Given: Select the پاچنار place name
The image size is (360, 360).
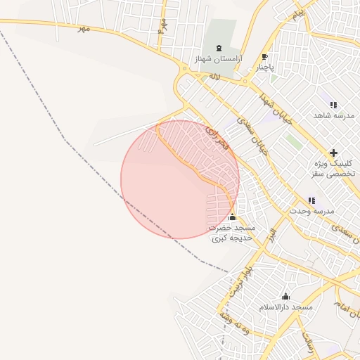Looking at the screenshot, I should pos(264,68).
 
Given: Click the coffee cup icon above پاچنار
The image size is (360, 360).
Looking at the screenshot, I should pos(264,57).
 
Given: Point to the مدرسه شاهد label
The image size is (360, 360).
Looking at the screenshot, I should pos(333,115).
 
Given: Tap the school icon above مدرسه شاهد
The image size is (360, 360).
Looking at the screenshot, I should pos(333,105).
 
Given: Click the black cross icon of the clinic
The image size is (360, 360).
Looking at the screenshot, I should pos(333,153).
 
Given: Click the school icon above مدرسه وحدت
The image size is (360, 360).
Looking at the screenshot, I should pos(311,200).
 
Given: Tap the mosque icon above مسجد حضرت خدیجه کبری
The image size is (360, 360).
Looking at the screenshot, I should pos(233,217).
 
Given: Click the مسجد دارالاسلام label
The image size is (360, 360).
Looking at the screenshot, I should pos(285,308).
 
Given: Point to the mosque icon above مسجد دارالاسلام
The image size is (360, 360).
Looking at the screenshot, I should pos(285,296).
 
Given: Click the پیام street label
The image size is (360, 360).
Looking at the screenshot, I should pos(299,13).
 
